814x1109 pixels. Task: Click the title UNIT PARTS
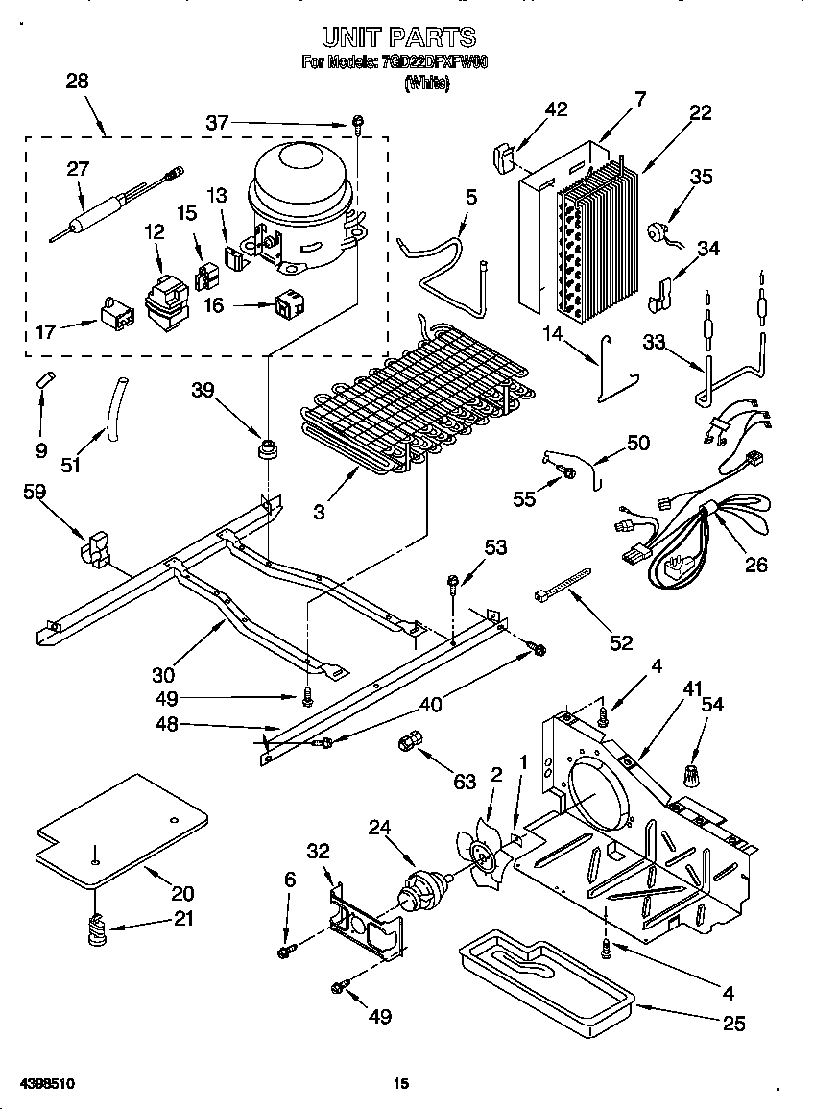coord(398,36)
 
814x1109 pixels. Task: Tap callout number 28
coord(77,81)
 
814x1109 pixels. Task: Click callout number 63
coord(465,782)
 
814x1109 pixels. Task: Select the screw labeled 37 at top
coord(359,121)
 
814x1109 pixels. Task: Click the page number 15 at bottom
coord(401,1083)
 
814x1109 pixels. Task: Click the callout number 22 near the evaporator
coord(700,112)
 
